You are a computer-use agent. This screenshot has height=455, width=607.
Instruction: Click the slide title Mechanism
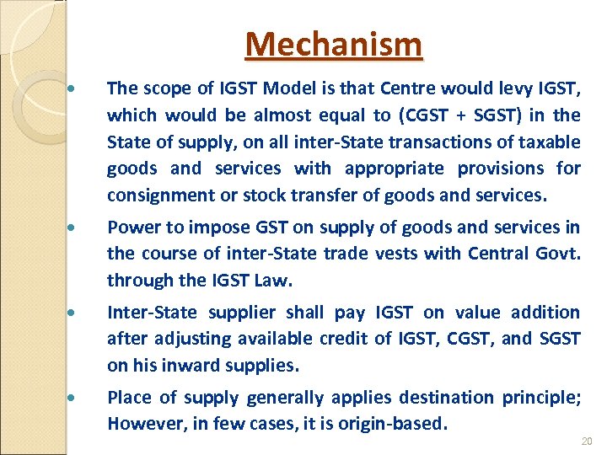coord(333,44)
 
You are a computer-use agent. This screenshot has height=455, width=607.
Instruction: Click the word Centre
coord(409,88)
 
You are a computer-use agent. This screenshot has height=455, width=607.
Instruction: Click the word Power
coord(131,227)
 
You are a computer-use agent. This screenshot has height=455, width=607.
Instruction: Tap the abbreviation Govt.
coord(561,254)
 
